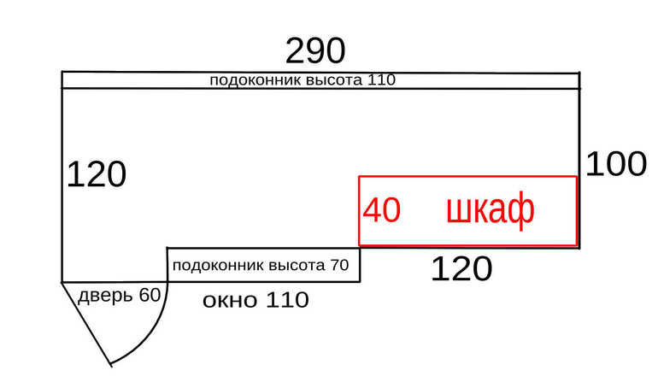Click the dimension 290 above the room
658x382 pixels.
tap(315, 50)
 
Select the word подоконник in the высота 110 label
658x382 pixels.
tap(256, 79)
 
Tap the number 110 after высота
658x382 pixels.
tap(381, 79)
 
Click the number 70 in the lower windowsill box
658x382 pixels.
tap(339, 265)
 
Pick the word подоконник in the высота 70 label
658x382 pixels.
tap(218, 266)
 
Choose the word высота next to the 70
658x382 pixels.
tap(297, 265)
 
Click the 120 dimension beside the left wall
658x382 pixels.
tap(96, 174)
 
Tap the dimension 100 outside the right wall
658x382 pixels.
tap(616, 164)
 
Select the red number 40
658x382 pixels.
tap(381, 210)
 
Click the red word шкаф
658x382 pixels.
tap(491, 209)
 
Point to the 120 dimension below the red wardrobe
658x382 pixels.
tap(461, 268)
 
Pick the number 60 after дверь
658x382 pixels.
tap(150, 295)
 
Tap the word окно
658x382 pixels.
tap(230, 301)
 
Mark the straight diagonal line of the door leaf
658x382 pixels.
tap(86, 324)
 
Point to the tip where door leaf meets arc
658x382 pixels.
tap(111, 364)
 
